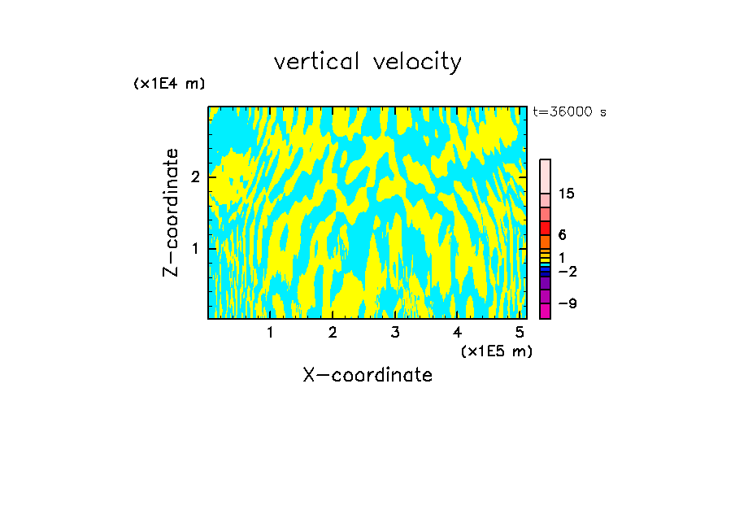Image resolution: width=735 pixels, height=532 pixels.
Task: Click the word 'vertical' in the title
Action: [314, 62]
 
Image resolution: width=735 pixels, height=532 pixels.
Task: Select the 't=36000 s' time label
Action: [569, 112]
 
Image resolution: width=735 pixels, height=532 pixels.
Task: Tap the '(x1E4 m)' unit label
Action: [169, 84]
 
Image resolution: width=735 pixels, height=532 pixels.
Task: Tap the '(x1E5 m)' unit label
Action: [496, 351]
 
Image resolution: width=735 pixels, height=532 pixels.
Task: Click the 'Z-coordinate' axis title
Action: [171, 212]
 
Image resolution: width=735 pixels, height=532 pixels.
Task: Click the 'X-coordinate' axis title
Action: [367, 375]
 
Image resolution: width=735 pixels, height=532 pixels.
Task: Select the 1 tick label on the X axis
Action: [270, 332]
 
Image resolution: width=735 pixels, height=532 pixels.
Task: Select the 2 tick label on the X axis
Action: [333, 332]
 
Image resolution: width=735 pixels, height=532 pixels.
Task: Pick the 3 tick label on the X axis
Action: [394, 332]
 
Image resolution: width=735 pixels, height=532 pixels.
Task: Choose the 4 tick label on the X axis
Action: [457, 332]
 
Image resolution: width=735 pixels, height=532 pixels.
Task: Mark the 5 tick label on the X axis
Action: [520, 332]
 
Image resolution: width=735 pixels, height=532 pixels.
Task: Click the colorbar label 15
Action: [567, 194]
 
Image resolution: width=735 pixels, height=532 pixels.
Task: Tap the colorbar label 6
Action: [562, 235]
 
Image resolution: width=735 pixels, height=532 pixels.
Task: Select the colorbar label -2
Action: [567, 271]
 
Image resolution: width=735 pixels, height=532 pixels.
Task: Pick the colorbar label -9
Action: [567, 303]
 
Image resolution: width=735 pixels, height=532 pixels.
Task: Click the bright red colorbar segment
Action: [545, 228]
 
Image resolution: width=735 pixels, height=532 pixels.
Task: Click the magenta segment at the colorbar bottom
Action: [545, 311]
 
